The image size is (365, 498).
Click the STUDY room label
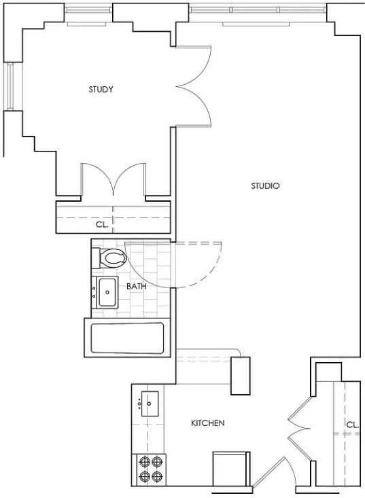(x=101, y=90)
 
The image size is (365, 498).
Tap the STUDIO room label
(x=266, y=185)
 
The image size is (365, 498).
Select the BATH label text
(x=137, y=286)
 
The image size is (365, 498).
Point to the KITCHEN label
(x=207, y=423)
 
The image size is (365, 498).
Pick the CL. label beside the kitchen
(x=352, y=425)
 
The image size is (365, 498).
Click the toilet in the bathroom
(x=111, y=258)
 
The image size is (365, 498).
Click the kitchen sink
(x=149, y=404)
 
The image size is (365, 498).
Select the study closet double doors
(x=113, y=181)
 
